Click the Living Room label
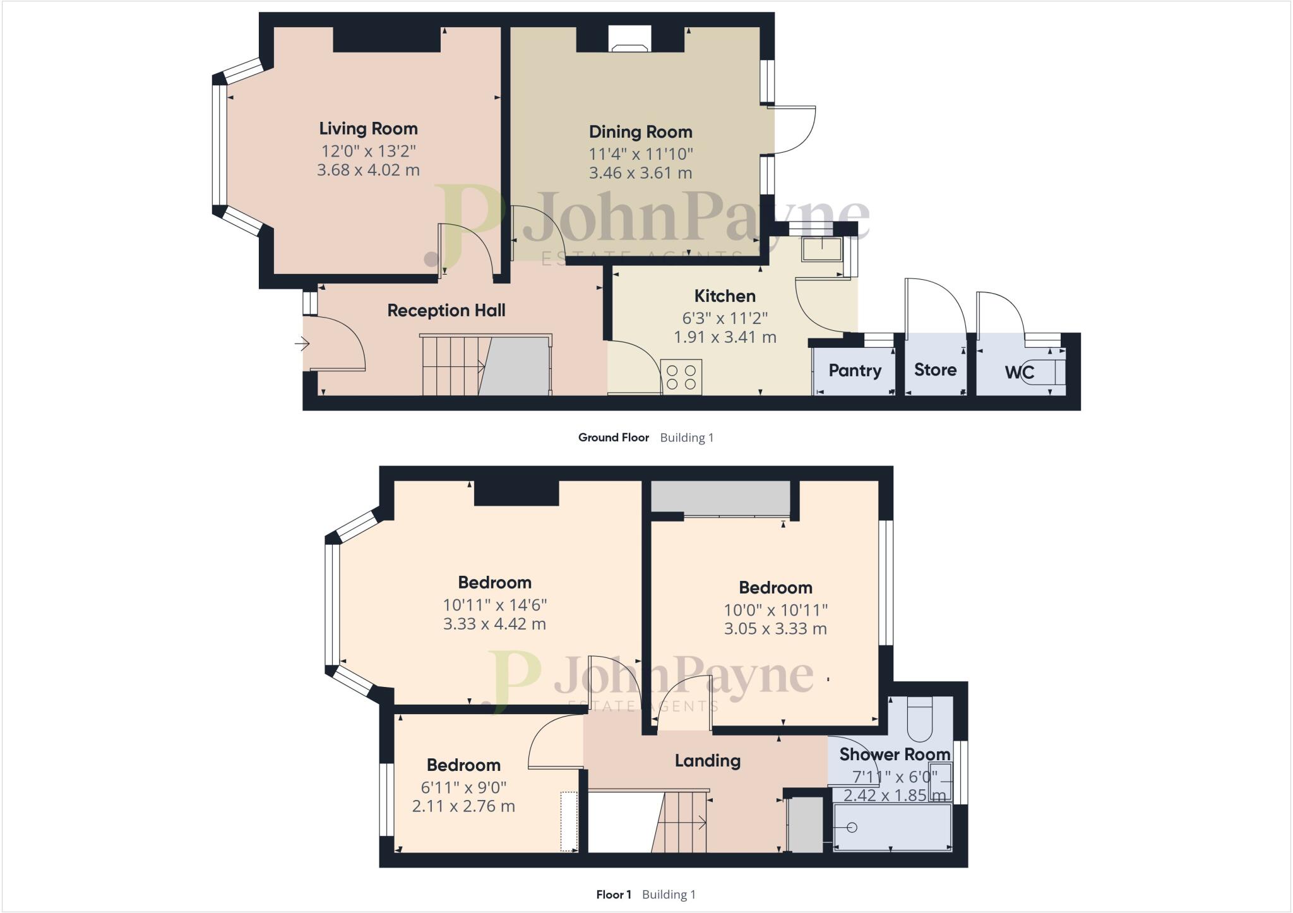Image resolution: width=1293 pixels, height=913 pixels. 368,129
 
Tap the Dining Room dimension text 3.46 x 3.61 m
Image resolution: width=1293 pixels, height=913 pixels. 640,173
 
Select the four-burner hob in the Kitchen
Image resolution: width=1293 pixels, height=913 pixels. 681,377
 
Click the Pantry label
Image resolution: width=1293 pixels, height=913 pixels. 854,370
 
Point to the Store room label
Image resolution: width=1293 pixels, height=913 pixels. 935,370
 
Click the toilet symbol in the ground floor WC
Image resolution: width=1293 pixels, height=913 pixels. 1048,373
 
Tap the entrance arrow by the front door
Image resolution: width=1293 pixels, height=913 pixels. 302,344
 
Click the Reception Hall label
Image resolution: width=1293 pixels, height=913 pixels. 446,311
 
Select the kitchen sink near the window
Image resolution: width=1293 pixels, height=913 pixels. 821,249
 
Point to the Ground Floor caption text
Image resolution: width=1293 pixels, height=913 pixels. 613,438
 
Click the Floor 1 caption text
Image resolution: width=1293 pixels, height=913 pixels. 613,895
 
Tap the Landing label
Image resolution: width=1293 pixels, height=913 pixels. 707,761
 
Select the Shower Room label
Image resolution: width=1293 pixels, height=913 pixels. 894,755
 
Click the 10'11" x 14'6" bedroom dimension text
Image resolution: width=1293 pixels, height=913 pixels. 494,605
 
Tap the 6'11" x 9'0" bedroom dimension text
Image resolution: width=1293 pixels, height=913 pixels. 463,787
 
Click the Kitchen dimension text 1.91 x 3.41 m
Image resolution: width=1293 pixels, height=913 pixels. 725,337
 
